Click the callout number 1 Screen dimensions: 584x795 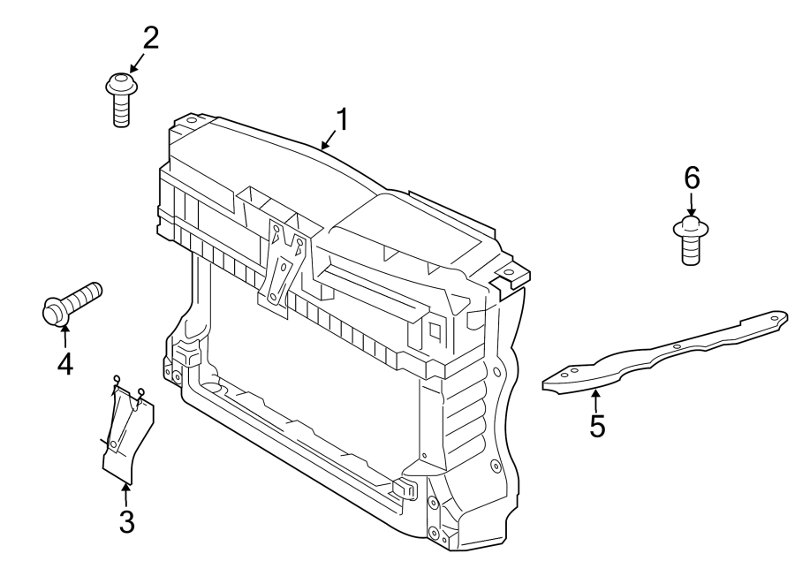(341, 119)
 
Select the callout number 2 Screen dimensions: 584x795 (151, 38)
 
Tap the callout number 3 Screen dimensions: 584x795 (126, 521)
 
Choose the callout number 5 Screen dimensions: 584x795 (597, 426)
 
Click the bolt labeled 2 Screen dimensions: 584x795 (121, 99)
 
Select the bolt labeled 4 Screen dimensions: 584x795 (70, 302)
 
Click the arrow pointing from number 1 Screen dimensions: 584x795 (328, 140)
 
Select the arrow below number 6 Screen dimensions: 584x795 (692, 205)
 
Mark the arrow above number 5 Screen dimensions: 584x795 (594, 399)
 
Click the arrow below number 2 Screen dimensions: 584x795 (137, 62)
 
